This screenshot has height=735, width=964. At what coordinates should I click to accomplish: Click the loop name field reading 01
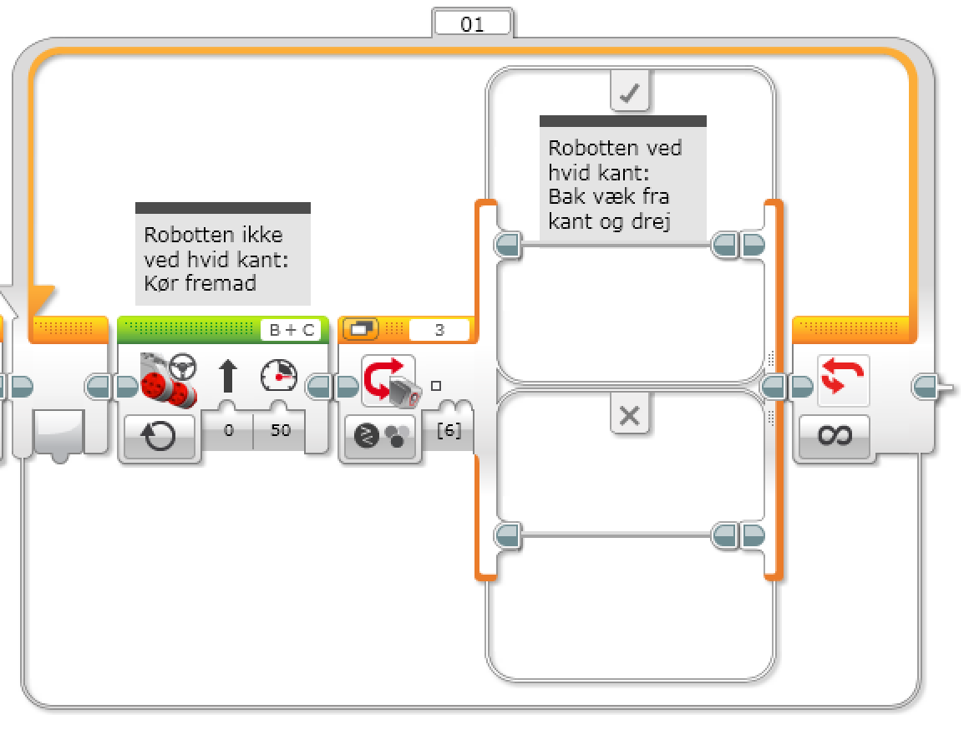click(472, 24)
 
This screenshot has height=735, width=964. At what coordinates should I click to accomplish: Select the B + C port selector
click(292, 330)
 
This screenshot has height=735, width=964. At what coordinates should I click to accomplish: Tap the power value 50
click(280, 430)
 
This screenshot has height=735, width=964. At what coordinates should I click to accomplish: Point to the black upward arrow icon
click(227, 375)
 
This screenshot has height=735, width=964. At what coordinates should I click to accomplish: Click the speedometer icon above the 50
click(278, 374)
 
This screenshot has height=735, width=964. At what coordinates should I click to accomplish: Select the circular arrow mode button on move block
click(159, 435)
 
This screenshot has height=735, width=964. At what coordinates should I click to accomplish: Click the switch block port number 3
click(439, 330)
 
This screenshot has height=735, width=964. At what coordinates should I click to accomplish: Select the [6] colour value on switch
click(449, 431)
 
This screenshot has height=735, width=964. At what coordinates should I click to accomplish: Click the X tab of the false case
click(630, 415)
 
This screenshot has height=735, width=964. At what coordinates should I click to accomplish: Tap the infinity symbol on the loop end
click(834, 435)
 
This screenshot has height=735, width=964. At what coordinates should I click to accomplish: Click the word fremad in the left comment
click(220, 283)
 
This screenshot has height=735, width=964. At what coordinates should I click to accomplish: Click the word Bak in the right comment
click(565, 197)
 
